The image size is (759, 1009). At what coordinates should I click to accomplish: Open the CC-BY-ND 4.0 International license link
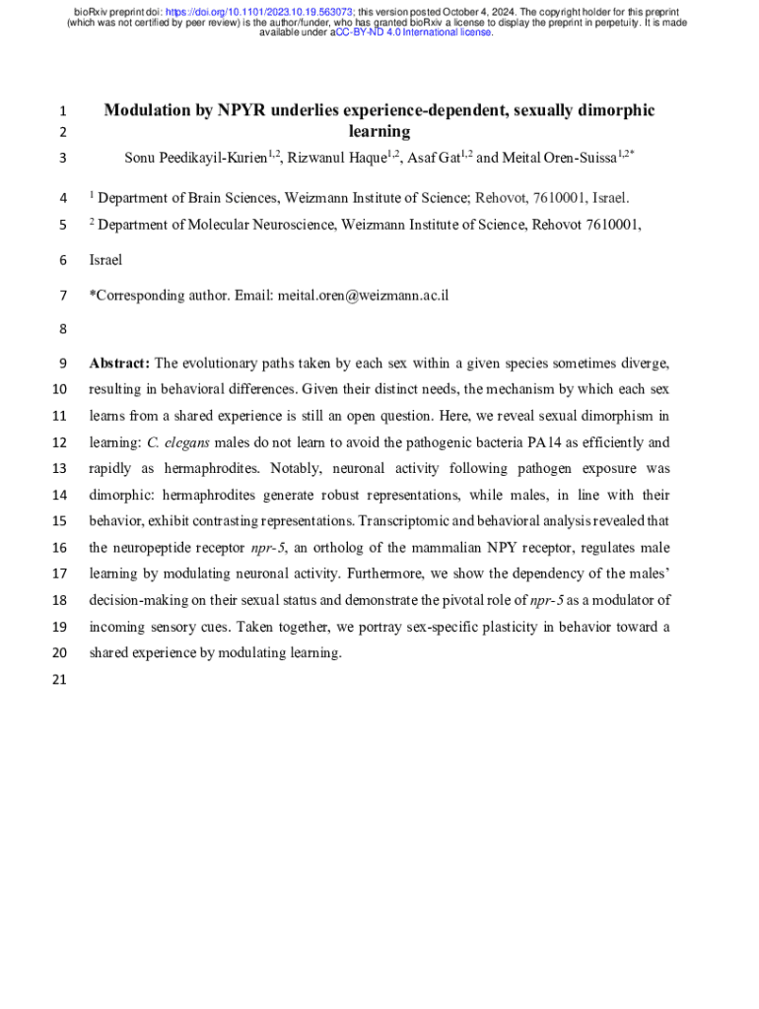414,33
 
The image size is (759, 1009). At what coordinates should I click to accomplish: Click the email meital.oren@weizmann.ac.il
363,295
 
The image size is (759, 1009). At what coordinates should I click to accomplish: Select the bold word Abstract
118,363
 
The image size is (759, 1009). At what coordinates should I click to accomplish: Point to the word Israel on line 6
105,260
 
